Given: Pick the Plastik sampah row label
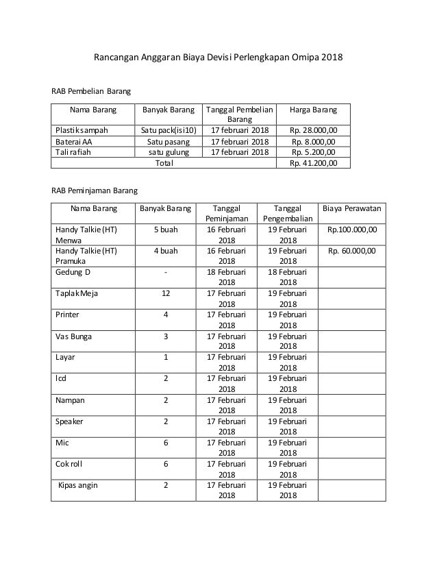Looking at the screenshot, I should pos(80,130).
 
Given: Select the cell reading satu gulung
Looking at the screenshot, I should pos(164,152).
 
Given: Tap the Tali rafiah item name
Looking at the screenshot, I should pos(73,152).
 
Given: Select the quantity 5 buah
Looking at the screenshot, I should pos(166,230).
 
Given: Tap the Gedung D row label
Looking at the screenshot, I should pos(73,272).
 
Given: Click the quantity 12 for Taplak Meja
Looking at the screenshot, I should pos(166,293).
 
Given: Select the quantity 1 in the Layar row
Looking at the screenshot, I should pos(166,358).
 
